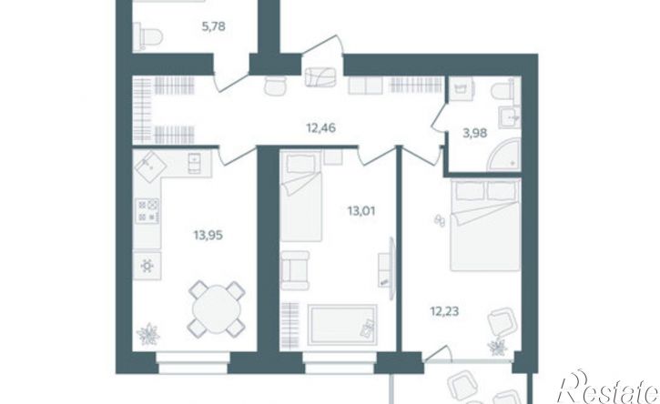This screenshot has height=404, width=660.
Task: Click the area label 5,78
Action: (x=214, y=27)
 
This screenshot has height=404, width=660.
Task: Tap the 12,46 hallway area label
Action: (x=320, y=127)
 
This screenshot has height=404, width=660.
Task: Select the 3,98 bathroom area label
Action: (x=475, y=134)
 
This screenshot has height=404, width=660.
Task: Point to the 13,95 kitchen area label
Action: (x=208, y=236)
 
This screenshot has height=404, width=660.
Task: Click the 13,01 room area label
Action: (x=361, y=211)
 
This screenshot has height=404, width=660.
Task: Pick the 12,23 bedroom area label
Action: (x=444, y=312)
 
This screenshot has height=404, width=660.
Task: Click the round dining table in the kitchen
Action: (x=217, y=309)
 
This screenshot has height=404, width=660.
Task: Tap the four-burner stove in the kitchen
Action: (x=148, y=210)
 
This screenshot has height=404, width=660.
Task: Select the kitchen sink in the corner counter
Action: (x=150, y=165)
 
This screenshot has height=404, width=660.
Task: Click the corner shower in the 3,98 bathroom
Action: (x=504, y=157)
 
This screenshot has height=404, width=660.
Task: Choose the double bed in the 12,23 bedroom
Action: (x=485, y=225)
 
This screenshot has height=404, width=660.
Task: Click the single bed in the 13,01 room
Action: (x=300, y=197)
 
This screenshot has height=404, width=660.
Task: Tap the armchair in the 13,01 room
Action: (x=295, y=270)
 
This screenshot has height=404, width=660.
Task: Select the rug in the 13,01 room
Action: (x=342, y=325)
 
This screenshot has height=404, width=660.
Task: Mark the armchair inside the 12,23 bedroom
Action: (x=501, y=323)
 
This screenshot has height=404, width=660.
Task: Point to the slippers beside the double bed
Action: (x=440, y=221)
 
